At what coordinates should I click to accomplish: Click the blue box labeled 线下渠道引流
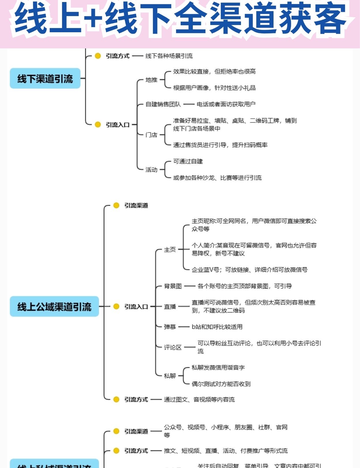(45, 78)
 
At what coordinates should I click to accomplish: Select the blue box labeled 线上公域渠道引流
(54, 306)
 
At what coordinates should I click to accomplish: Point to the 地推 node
(151, 80)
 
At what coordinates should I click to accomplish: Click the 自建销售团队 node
(163, 104)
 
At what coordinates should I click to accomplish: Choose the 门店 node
(151, 135)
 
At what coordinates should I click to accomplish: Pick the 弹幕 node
(170, 327)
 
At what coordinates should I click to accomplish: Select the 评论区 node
(173, 347)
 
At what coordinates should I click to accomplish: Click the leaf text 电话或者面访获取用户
(226, 104)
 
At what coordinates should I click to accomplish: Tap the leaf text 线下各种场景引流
(169, 56)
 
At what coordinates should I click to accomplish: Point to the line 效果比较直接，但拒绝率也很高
(214, 72)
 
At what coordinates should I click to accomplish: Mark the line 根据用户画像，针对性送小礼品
(214, 88)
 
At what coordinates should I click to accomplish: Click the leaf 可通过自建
(188, 162)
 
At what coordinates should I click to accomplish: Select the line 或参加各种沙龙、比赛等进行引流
(217, 178)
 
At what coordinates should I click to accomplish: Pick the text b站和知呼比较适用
(217, 327)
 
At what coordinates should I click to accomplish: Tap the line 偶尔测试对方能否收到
(221, 384)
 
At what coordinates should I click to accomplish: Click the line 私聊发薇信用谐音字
(218, 368)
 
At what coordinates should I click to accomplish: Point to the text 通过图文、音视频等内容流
(199, 399)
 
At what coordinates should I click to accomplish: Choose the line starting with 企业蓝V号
(250, 270)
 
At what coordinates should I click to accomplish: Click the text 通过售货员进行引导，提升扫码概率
(220, 145)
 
